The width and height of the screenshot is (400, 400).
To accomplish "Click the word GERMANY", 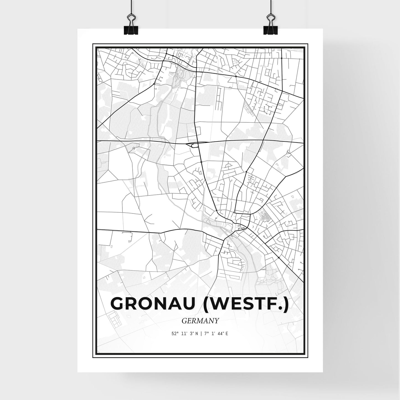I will click(x=200, y=321).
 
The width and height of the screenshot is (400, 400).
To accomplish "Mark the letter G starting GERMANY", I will click(x=184, y=321).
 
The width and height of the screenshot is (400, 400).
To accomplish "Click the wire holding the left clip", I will click(x=129, y=8).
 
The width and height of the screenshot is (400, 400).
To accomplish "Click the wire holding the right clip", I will click(x=270, y=8).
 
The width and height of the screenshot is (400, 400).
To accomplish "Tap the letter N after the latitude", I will click(x=197, y=334).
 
